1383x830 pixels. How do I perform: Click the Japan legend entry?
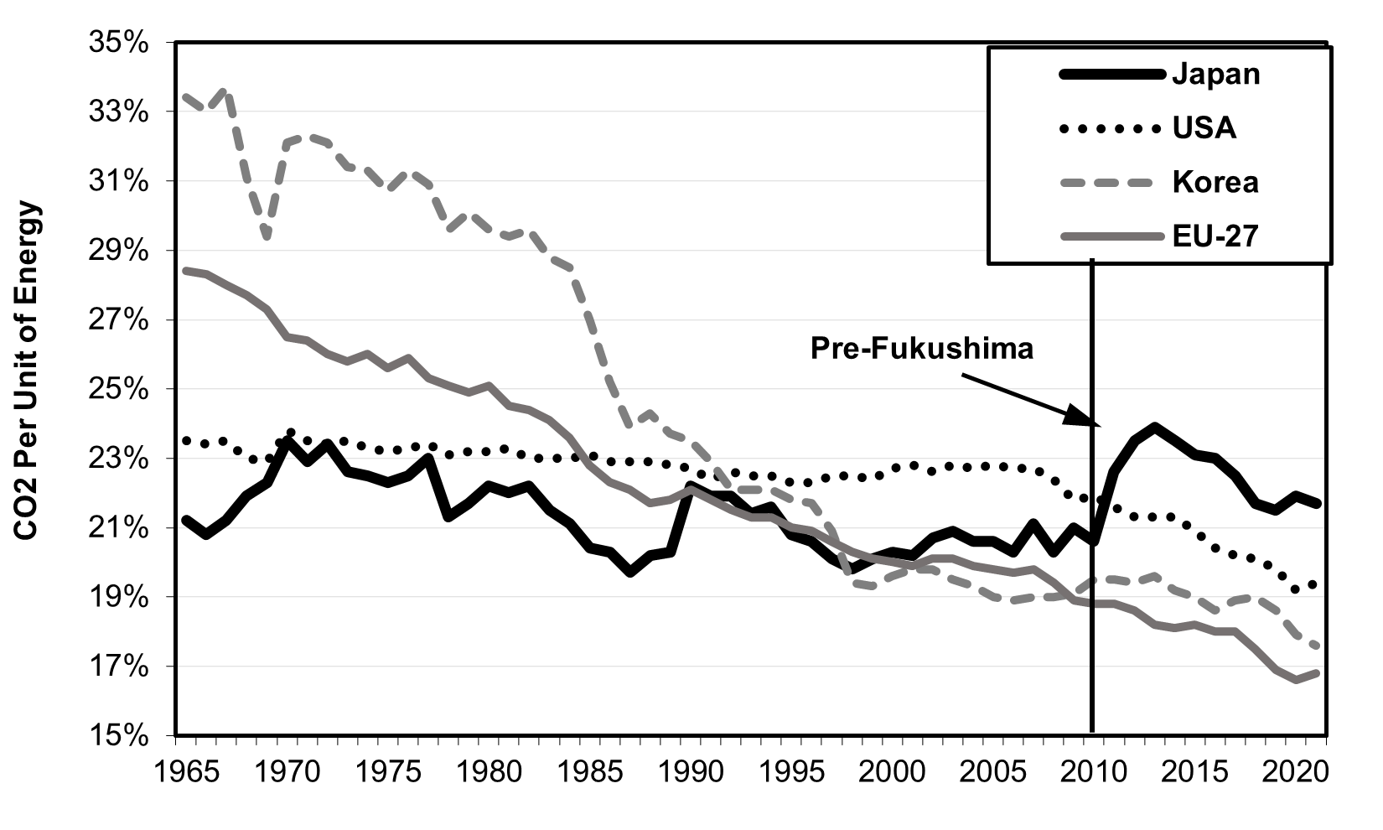[1215, 74]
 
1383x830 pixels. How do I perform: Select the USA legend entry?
[1204, 128]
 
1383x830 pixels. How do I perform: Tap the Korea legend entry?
[1215, 182]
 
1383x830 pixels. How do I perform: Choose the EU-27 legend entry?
[1215, 236]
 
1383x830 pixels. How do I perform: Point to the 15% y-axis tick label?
[118, 735]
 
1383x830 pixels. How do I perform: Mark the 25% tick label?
[118, 389]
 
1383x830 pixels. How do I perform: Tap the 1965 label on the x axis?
[187, 771]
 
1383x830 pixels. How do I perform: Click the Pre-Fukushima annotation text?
[921, 348]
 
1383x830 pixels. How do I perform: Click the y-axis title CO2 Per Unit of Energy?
[28, 371]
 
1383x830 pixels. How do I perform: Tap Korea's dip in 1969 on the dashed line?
[267, 238]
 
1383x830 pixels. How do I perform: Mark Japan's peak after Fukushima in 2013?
[1155, 427]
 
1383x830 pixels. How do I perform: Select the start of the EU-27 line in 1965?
[186, 270]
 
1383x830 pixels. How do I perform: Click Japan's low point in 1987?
[630, 573]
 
